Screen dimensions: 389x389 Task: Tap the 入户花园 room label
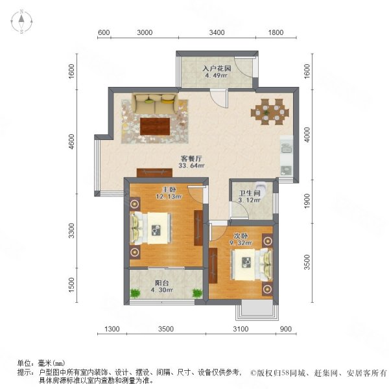click(x=215, y=67)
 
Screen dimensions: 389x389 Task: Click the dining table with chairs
click(x=268, y=110)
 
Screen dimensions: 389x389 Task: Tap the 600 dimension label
click(x=104, y=32)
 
